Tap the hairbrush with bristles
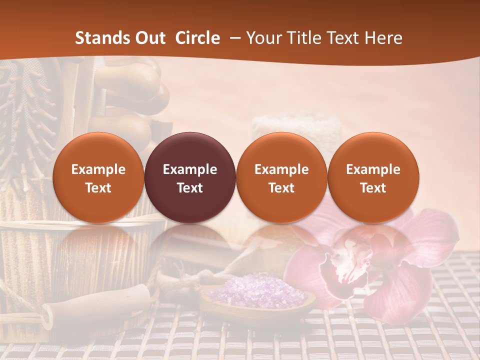[25, 110]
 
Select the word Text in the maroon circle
[190, 188]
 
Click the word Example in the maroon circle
[190, 169]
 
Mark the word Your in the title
[263, 38]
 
